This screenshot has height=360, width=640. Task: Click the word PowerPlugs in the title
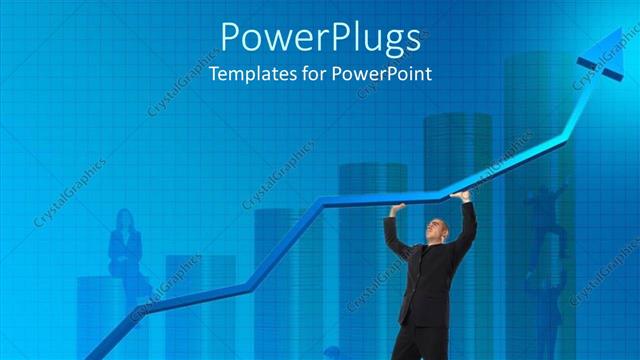pos(319,38)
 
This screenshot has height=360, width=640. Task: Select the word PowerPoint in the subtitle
pos(384,74)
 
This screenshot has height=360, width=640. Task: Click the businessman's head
pos(436,229)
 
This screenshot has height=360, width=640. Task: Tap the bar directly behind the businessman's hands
pos(455,150)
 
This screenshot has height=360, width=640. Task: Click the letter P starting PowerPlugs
pos(231,37)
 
